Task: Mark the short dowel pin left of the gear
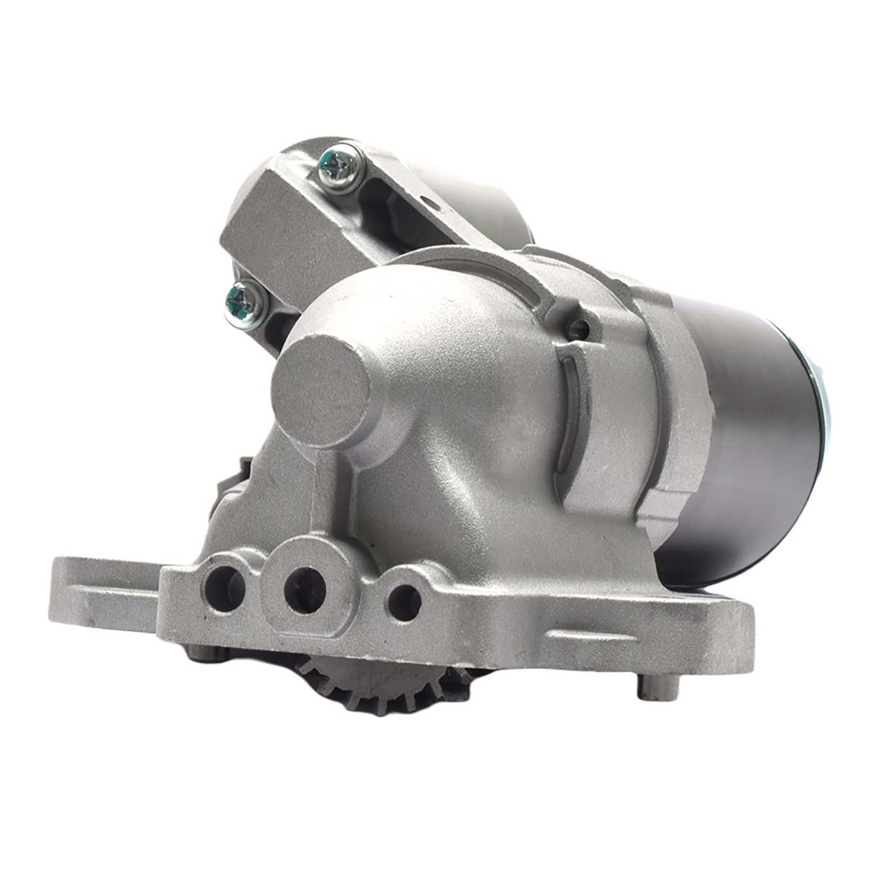coord(205,652)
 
